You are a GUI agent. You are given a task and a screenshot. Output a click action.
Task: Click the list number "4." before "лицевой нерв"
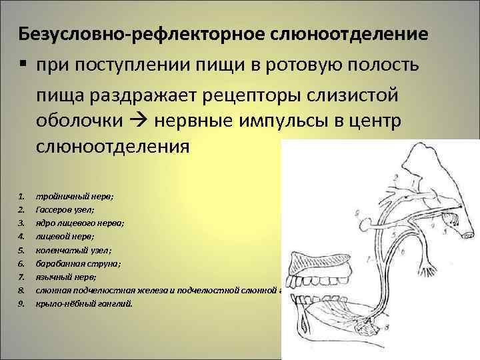pos(21,235)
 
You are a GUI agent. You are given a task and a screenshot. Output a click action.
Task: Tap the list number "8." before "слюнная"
pos(21,290)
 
